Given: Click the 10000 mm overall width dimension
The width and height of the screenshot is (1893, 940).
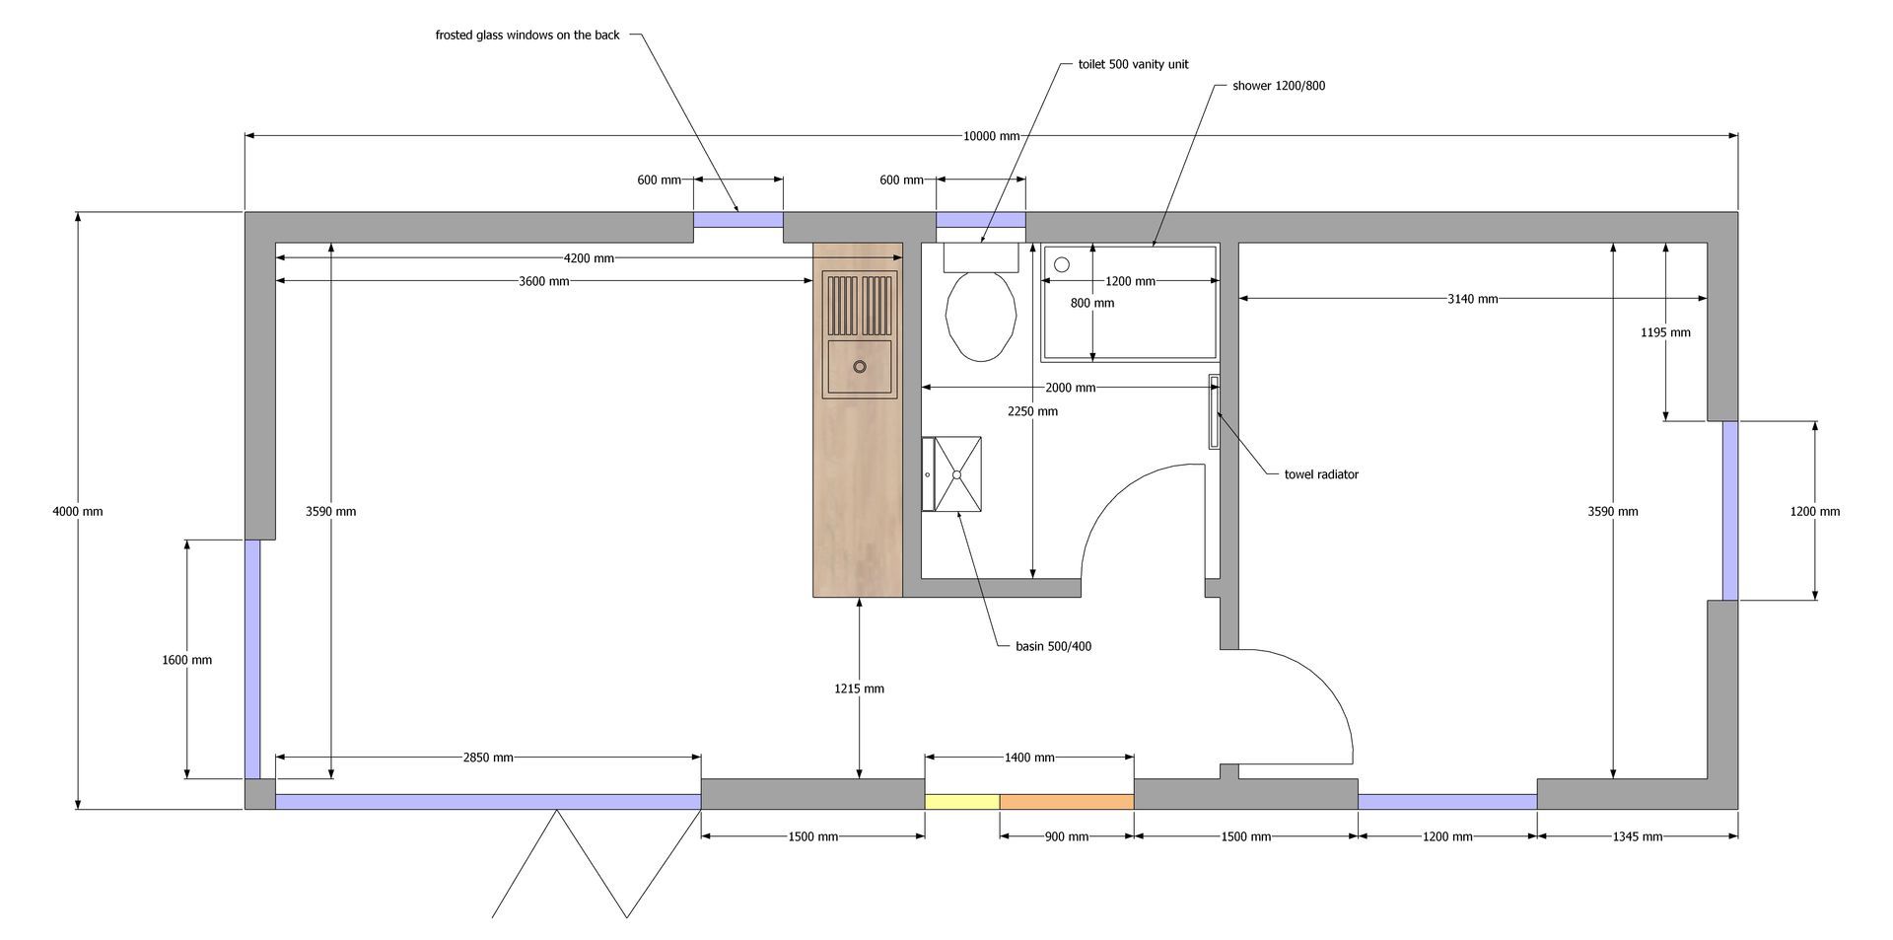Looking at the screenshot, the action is tap(991, 136).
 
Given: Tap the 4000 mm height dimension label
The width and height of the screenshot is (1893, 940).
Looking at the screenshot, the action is tap(78, 512).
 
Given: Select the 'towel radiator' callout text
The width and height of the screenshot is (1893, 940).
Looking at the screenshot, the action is tap(1321, 474).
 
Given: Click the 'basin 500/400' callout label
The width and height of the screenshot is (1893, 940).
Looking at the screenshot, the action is tap(1053, 647).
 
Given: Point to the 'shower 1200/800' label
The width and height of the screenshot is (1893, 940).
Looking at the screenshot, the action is tap(1279, 86).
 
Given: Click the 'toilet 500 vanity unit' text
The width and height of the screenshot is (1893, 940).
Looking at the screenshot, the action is tap(1133, 64).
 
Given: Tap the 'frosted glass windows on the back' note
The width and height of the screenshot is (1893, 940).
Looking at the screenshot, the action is tap(527, 36).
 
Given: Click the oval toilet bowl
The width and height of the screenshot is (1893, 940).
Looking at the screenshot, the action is tap(981, 316).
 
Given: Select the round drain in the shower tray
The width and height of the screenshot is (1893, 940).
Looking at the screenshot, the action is tap(1062, 264).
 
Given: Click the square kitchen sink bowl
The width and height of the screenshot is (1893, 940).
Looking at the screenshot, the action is tap(860, 366).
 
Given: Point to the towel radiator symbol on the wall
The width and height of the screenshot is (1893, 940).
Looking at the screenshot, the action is tap(1214, 412).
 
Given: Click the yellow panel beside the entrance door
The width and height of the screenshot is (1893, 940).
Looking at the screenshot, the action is tap(962, 802).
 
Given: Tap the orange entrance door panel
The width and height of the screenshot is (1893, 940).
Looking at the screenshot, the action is tap(1067, 802).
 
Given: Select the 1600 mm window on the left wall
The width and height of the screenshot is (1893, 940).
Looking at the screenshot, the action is tap(252, 659).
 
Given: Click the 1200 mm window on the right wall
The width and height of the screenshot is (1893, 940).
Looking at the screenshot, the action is tap(1730, 511).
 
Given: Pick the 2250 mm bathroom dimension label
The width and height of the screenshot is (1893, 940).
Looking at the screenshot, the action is tap(1032, 411).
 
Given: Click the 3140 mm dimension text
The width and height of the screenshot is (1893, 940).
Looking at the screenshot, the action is tap(1473, 299).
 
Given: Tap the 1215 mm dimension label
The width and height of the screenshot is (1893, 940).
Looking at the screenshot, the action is tap(859, 688).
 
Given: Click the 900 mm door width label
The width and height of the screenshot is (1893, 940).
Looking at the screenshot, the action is tap(1067, 837).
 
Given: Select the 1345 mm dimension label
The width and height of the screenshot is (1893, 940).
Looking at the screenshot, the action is tap(1638, 837).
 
